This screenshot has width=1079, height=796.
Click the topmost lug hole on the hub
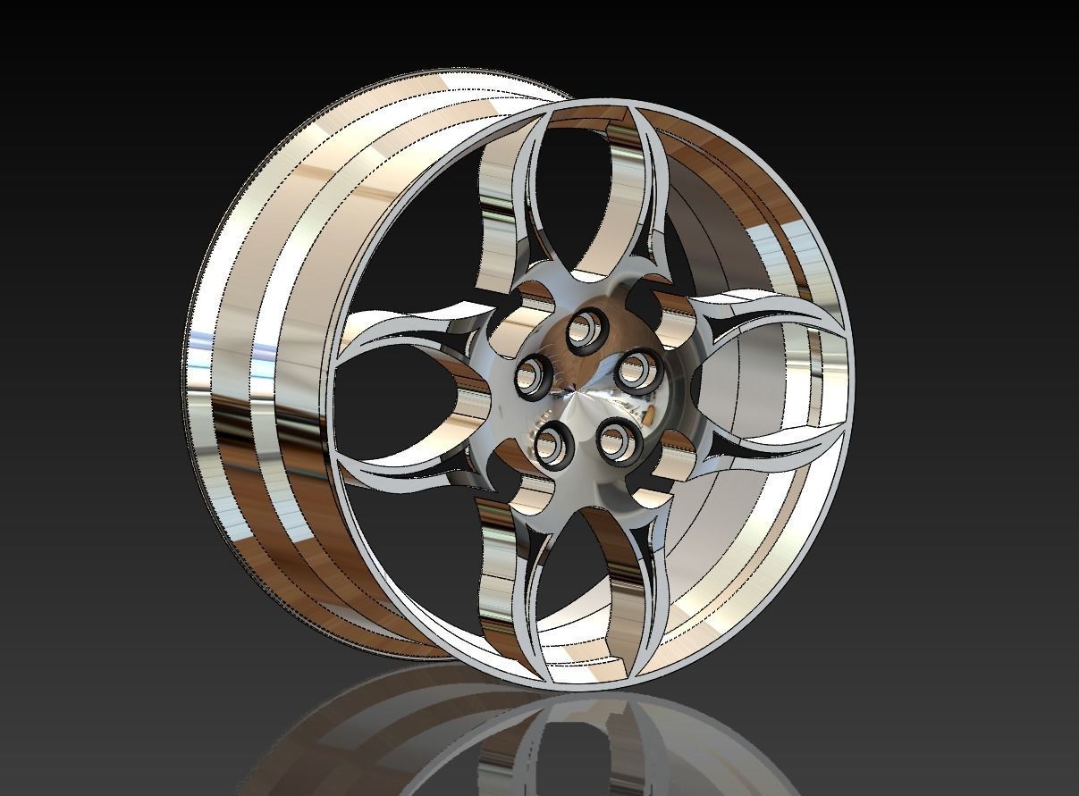point(586,329)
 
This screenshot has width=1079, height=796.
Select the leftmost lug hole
point(534,375)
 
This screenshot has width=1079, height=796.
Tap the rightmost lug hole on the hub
point(640,370)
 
